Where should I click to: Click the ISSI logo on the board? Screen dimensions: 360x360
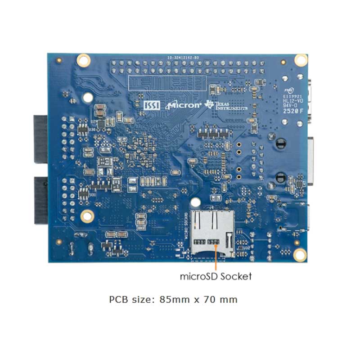150,105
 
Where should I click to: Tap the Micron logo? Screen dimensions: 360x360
184,105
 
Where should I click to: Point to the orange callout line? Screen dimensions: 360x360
216,256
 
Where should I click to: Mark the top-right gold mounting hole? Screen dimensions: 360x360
300,59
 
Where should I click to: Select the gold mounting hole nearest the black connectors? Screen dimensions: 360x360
87,216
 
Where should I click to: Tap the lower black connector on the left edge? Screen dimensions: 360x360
40,200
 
